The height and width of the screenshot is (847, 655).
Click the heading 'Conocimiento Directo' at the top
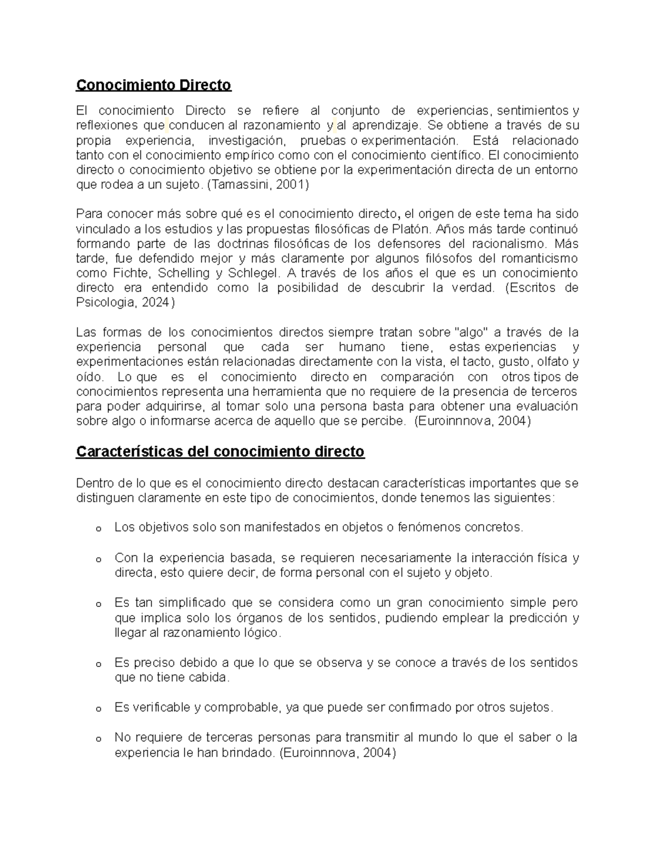tap(153, 85)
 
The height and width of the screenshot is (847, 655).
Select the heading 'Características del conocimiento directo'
tap(219, 452)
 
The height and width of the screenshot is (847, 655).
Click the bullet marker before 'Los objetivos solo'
tap(98, 528)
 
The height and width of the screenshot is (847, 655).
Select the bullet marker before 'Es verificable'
tap(98, 708)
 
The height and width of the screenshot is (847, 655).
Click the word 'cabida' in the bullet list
tap(210, 678)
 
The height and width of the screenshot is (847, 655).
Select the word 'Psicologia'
tap(103, 303)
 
